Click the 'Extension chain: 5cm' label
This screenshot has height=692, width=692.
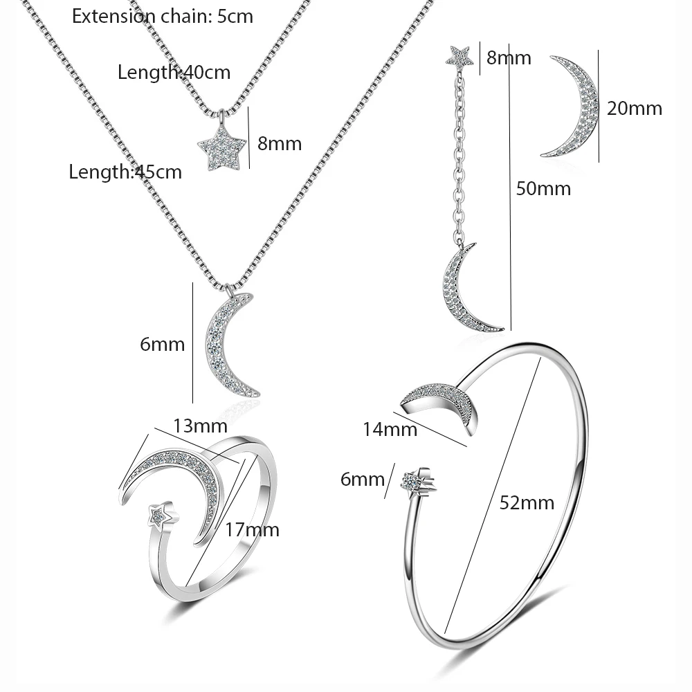[163, 17]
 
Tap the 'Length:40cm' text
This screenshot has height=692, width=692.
[174, 72]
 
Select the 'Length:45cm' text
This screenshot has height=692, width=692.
[125, 172]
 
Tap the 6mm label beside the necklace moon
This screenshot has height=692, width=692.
[163, 344]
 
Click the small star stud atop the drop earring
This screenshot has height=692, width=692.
[461, 55]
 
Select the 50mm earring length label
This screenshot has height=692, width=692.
[544, 188]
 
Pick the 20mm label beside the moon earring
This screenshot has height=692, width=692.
[634, 108]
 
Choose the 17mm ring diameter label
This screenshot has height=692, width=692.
[252, 530]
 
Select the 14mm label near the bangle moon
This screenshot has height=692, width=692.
[390, 430]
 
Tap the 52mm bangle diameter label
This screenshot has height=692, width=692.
[527, 503]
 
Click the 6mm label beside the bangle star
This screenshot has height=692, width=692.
[362, 479]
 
